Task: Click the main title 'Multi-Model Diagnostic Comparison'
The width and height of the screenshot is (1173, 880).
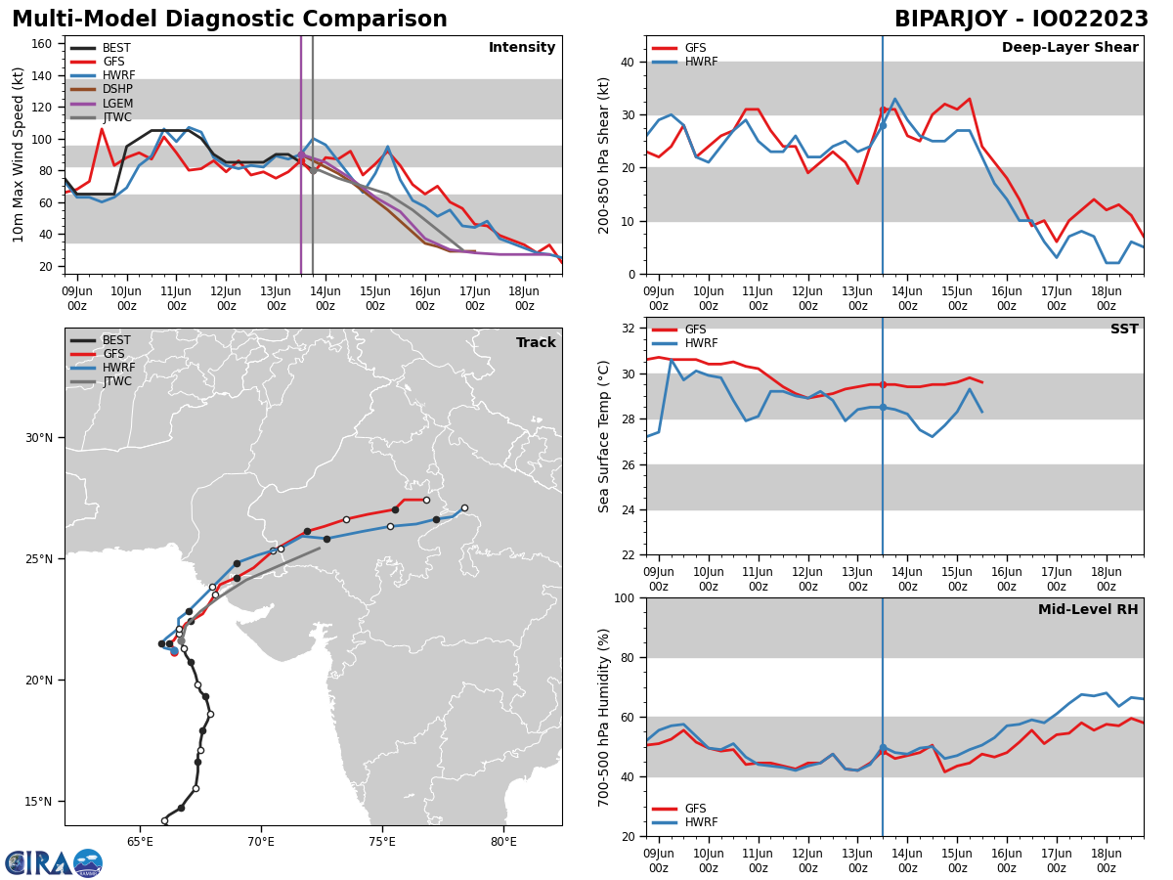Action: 229,20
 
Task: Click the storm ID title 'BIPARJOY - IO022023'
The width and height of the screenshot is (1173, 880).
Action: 1021,20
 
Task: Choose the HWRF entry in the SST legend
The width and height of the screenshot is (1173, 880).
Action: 700,343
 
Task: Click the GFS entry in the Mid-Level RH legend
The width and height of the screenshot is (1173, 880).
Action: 694,809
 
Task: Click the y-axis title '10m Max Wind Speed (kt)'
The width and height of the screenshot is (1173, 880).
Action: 19,154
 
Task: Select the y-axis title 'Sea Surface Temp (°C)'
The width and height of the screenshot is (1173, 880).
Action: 604,436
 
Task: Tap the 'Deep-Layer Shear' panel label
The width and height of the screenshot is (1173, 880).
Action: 1069,48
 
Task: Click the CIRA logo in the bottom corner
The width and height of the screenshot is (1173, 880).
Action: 53,862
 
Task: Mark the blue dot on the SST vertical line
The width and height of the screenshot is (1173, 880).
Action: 883,407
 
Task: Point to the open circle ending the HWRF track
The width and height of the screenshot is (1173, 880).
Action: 464,507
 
